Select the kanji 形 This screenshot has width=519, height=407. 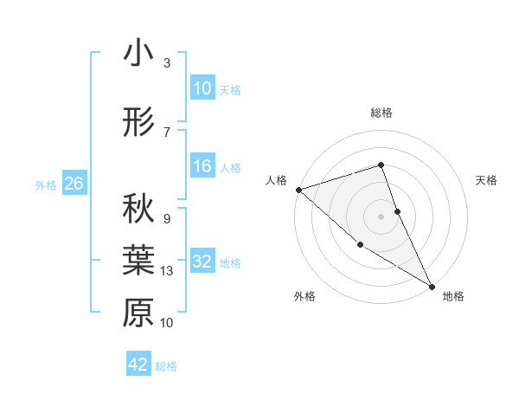pyautogui.click(x=138, y=123)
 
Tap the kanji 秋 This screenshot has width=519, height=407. pyautogui.click(x=138, y=208)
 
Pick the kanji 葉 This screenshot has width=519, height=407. pyautogui.click(x=138, y=261)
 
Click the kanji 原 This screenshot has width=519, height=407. pyautogui.click(x=138, y=313)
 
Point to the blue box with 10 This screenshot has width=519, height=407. pyautogui.click(x=202, y=88)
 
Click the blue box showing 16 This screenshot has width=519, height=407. pyautogui.click(x=202, y=167)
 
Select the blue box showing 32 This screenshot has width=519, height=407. pyautogui.click(x=202, y=262)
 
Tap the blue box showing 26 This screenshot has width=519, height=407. pyautogui.click(x=74, y=184)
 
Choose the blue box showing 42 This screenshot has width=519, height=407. pyautogui.click(x=138, y=365)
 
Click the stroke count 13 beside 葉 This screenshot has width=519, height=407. pyautogui.click(x=168, y=271)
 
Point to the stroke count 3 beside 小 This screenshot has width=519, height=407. pyautogui.click(x=167, y=63)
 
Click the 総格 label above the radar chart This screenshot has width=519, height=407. pyautogui.click(x=381, y=113)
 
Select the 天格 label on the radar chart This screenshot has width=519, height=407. pyautogui.click(x=487, y=180)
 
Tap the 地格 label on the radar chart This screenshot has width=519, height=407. pyautogui.click(x=453, y=296)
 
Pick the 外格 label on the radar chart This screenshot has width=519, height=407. pyautogui.click(x=304, y=296)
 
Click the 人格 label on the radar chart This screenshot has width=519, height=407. pyautogui.click(x=276, y=180)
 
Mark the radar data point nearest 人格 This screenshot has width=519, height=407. pyautogui.click(x=298, y=189)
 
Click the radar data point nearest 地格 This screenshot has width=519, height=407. pyautogui.click(x=432, y=286)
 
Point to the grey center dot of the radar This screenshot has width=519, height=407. pyautogui.click(x=381, y=216)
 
